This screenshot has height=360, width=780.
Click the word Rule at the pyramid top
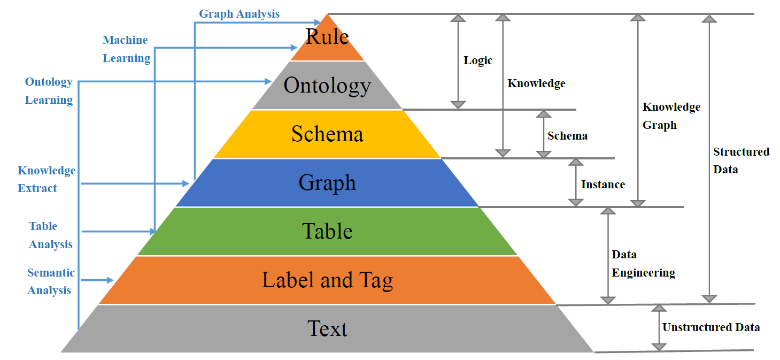pos(327,36)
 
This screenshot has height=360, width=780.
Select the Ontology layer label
pos(327,85)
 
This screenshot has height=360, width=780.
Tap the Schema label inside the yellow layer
pos(327,134)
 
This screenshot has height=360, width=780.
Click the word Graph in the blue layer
pos(327,183)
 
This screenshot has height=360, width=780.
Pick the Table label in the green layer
pos(327,231)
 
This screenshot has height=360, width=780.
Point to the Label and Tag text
pos(327,280)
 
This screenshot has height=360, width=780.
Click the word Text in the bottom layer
pos(327,328)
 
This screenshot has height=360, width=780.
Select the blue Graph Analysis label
pos(239,14)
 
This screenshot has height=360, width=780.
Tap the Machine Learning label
pos(126,49)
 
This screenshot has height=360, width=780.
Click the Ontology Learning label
pos(49,91)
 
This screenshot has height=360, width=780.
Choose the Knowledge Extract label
pos(47,179)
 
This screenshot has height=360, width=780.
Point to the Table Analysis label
pos(51,235)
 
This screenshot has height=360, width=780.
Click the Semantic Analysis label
pos(51,281)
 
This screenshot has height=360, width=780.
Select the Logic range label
pos(477,60)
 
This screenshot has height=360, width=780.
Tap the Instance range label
pos(603,185)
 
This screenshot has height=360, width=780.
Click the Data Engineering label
pos(643,264)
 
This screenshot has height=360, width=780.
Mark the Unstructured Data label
pos(711,327)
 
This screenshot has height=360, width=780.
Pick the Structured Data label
pos(741,160)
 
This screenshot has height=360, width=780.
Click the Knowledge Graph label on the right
pos(671,116)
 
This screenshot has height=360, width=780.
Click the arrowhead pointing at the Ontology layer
pos(268,81)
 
